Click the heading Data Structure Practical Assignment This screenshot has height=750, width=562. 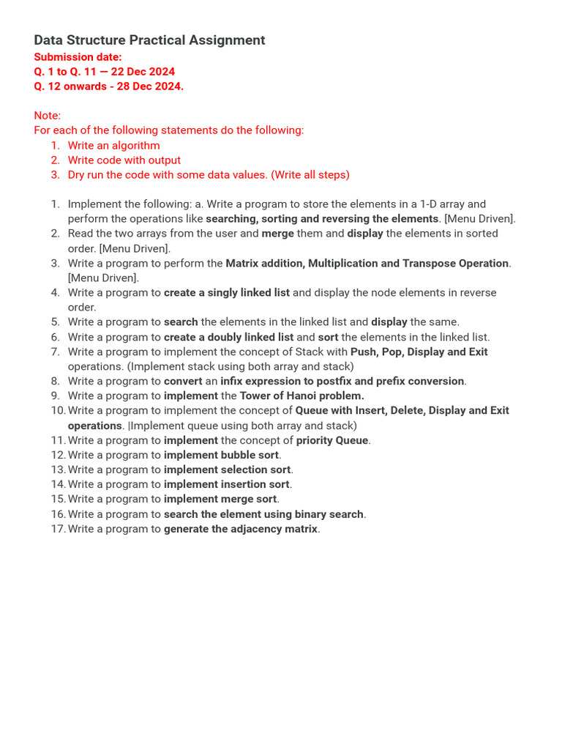pos(149,40)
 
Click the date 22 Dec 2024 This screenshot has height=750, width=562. pos(143,72)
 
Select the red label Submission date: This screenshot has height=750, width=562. pos(78,57)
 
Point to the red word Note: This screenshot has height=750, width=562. pos(48,116)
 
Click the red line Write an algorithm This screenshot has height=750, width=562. pos(113,145)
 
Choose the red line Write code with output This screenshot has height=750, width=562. pos(124,160)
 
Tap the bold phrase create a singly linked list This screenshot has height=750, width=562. pos(227,292)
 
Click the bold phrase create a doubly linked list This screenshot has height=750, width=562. pos(228,337)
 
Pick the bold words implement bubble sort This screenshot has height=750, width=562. pos(221,455)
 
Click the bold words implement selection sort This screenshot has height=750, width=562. pos(227,469)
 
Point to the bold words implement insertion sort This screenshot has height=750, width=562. pos(226,484)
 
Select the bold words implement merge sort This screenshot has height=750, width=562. pos(220,499)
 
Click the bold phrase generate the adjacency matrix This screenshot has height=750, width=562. pos(241,529)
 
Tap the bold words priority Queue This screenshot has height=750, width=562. pos(331,440)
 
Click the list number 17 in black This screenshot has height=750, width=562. pos(58,529)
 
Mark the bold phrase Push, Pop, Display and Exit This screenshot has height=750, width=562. pos(419,352)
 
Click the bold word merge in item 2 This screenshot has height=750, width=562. pos(277,234)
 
